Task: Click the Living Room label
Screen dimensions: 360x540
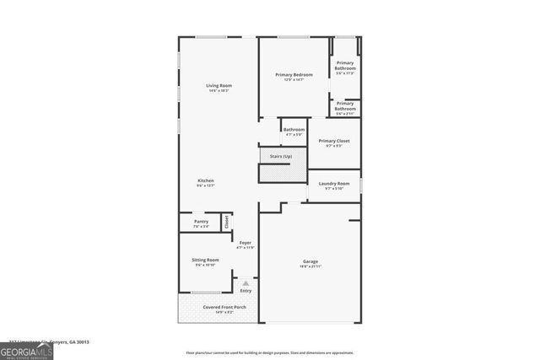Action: (x=219, y=86)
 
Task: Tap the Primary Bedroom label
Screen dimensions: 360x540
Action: (x=294, y=75)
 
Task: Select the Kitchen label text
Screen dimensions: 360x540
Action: (x=206, y=180)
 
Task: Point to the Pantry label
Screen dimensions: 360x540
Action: (x=201, y=222)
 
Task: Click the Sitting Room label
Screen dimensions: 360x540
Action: (x=207, y=260)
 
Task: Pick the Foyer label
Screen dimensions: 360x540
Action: (x=245, y=243)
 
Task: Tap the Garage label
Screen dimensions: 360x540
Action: (x=310, y=261)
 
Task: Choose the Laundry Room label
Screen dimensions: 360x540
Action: (x=334, y=183)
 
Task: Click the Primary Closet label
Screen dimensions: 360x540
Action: (x=334, y=141)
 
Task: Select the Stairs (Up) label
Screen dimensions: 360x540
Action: (x=281, y=157)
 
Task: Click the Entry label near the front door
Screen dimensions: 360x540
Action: (x=246, y=291)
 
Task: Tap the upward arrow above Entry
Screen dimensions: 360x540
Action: (x=246, y=283)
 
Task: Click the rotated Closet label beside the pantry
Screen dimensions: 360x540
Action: (x=226, y=222)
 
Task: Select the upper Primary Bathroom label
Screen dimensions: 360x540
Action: (x=345, y=65)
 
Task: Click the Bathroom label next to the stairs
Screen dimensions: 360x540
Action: (x=294, y=130)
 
